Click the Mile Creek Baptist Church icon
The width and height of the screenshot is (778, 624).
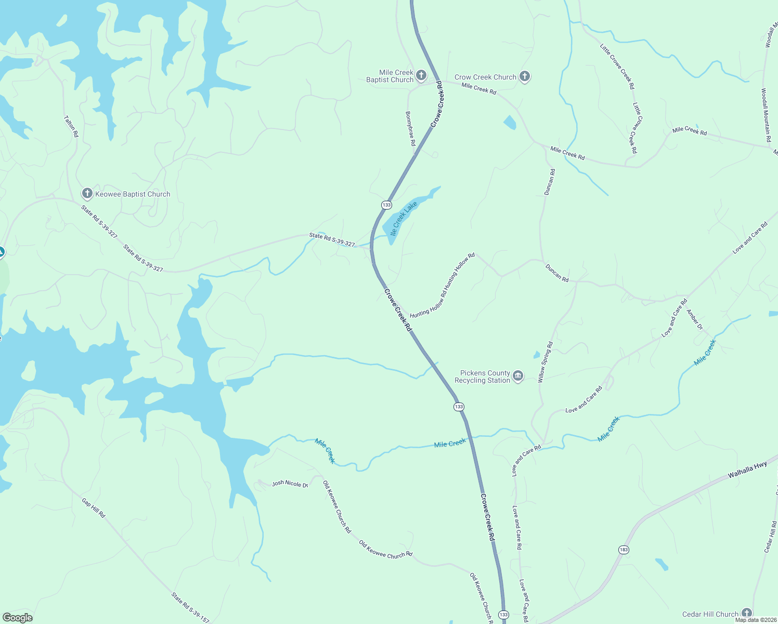421,75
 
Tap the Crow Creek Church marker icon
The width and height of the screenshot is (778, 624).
525,77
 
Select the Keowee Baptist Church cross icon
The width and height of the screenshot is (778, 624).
87,194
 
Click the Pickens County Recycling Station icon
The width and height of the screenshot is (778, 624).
517,376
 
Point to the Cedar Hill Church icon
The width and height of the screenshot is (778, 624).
747,614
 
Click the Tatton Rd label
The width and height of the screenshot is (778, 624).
71,126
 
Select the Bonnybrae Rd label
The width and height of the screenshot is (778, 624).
410,128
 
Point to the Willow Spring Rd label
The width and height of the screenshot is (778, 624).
546,362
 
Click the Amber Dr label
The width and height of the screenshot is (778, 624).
694,319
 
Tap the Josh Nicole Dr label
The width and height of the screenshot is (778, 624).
290,484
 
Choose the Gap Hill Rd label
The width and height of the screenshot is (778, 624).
94,508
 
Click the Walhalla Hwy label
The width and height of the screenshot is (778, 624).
747,470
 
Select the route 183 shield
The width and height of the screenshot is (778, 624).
624,550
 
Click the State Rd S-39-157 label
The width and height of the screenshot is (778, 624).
190,607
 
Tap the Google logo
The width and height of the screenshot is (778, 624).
17,618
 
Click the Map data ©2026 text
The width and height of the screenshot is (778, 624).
760,620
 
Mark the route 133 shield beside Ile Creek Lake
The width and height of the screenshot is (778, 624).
386,205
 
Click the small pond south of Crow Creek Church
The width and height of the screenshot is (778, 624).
510,123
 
